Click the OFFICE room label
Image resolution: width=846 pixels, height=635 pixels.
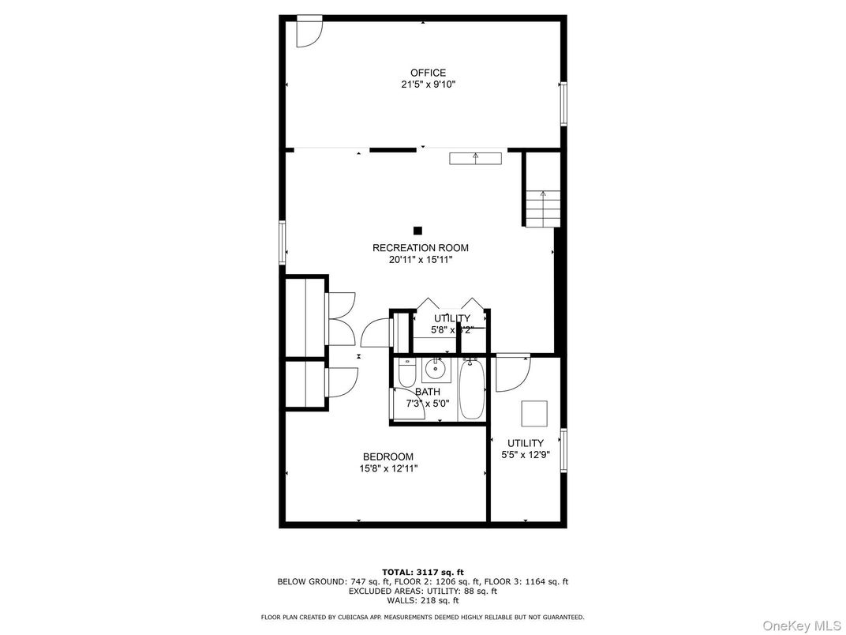point(428,73)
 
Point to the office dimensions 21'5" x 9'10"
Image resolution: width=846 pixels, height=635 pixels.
point(428,85)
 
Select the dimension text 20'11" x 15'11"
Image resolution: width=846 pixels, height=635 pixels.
point(420,259)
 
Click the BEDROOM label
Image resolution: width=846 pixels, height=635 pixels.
point(387,457)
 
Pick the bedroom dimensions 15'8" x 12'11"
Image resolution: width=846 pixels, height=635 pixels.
point(387,468)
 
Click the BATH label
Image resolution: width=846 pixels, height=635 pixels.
point(428,392)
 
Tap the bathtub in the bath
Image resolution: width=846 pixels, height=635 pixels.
point(472,390)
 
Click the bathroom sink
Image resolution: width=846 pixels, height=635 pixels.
point(435,368)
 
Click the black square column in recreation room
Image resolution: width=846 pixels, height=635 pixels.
point(418,231)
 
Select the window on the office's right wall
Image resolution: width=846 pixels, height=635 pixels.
point(563,103)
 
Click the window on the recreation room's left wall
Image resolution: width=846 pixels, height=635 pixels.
point(282,242)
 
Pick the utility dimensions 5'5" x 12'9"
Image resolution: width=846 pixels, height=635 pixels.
point(526,455)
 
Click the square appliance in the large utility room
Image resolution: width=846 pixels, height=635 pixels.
point(534,413)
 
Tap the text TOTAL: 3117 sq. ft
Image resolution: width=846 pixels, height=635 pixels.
point(423,572)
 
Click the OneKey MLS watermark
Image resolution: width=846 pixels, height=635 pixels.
point(800,626)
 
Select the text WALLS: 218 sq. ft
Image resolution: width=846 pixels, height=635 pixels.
point(423,600)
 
